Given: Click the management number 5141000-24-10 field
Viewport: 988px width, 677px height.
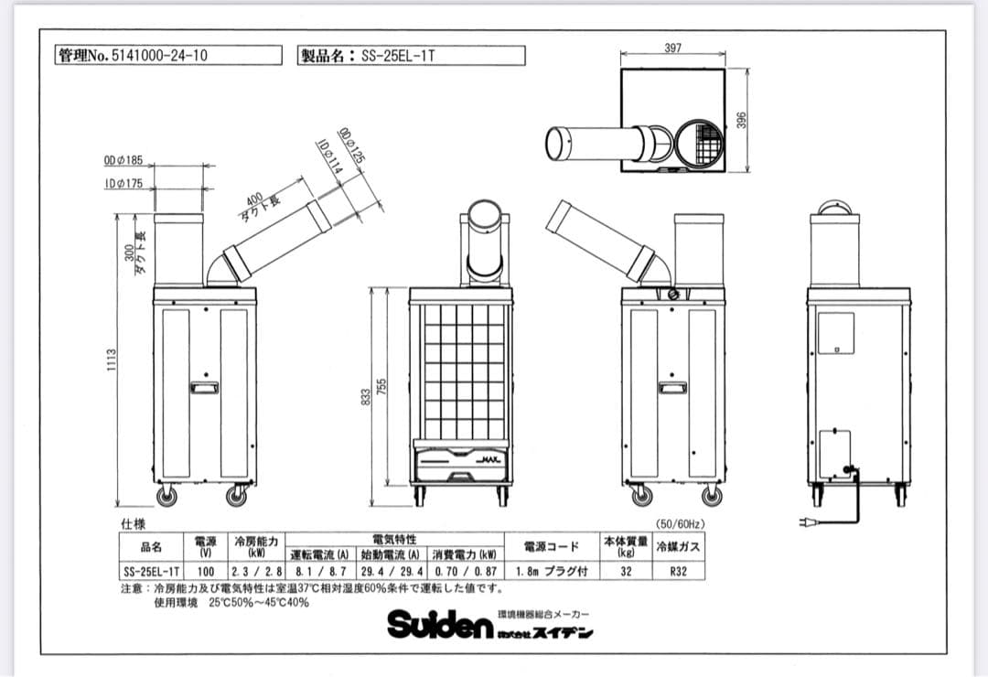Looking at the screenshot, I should click(x=168, y=56).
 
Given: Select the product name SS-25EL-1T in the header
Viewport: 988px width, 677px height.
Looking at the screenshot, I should click(x=412, y=56).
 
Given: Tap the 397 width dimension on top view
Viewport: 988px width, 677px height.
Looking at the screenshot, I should click(x=672, y=48).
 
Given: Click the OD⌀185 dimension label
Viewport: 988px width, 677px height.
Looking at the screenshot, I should click(x=123, y=161).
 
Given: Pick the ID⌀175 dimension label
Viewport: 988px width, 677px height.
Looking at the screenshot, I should click(x=123, y=184).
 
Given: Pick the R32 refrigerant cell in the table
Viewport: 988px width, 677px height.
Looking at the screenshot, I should click(x=678, y=571).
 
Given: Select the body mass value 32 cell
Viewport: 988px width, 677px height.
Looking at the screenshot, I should click(x=625, y=571).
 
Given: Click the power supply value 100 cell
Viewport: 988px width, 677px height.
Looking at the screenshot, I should click(x=206, y=571).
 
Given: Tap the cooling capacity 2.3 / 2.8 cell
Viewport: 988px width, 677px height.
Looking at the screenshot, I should click(x=257, y=571).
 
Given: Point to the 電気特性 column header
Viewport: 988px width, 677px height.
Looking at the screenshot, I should click(x=394, y=540).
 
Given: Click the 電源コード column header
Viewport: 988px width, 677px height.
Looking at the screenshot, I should click(x=551, y=547).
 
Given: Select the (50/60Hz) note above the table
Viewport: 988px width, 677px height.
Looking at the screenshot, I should click(x=681, y=524).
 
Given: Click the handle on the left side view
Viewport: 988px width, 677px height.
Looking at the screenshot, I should click(x=204, y=387).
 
